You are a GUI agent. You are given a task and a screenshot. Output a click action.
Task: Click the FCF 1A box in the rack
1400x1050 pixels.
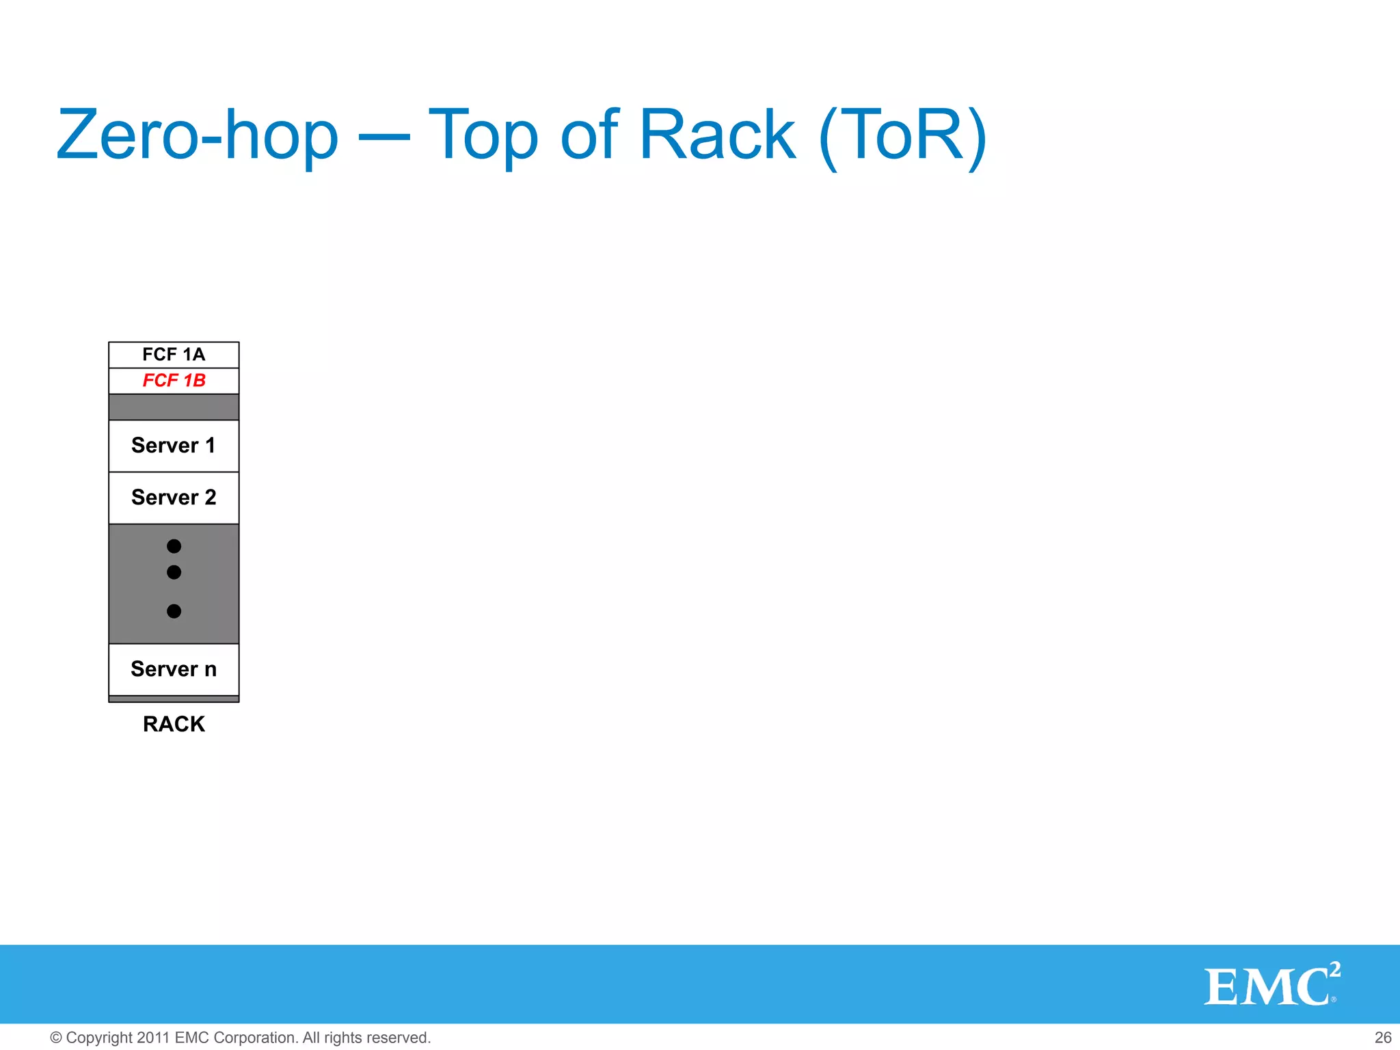click(174, 355)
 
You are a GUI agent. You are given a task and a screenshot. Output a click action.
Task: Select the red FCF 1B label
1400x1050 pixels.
click(174, 381)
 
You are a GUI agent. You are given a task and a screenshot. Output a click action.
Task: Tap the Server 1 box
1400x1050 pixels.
click(174, 446)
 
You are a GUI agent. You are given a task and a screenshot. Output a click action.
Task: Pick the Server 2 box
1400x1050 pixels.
click(174, 498)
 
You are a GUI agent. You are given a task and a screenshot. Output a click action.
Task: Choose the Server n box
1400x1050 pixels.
click(174, 669)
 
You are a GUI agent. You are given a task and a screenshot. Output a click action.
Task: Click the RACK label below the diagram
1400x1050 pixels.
click(174, 724)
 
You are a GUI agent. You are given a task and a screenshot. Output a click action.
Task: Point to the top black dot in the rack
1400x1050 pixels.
click(174, 546)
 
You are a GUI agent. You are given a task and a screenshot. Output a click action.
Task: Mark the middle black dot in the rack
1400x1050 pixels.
click(174, 572)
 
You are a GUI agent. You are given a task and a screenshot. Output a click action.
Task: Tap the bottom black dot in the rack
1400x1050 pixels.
click(174, 611)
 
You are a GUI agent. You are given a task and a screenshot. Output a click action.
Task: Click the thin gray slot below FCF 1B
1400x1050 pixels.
click(174, 407)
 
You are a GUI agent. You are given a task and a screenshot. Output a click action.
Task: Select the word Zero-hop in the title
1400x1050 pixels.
click(197, 135)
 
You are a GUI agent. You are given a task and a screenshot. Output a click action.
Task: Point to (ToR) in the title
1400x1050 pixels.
click(902, 137)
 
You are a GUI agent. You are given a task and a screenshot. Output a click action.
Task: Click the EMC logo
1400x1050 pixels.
click(1265, 986)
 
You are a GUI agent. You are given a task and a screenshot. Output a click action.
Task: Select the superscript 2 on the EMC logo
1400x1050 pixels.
click(1334, 969)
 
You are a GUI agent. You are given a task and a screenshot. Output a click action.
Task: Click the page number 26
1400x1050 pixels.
click(1382, 1038)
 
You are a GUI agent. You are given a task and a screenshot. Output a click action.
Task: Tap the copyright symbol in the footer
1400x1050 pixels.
click(56, 1038)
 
